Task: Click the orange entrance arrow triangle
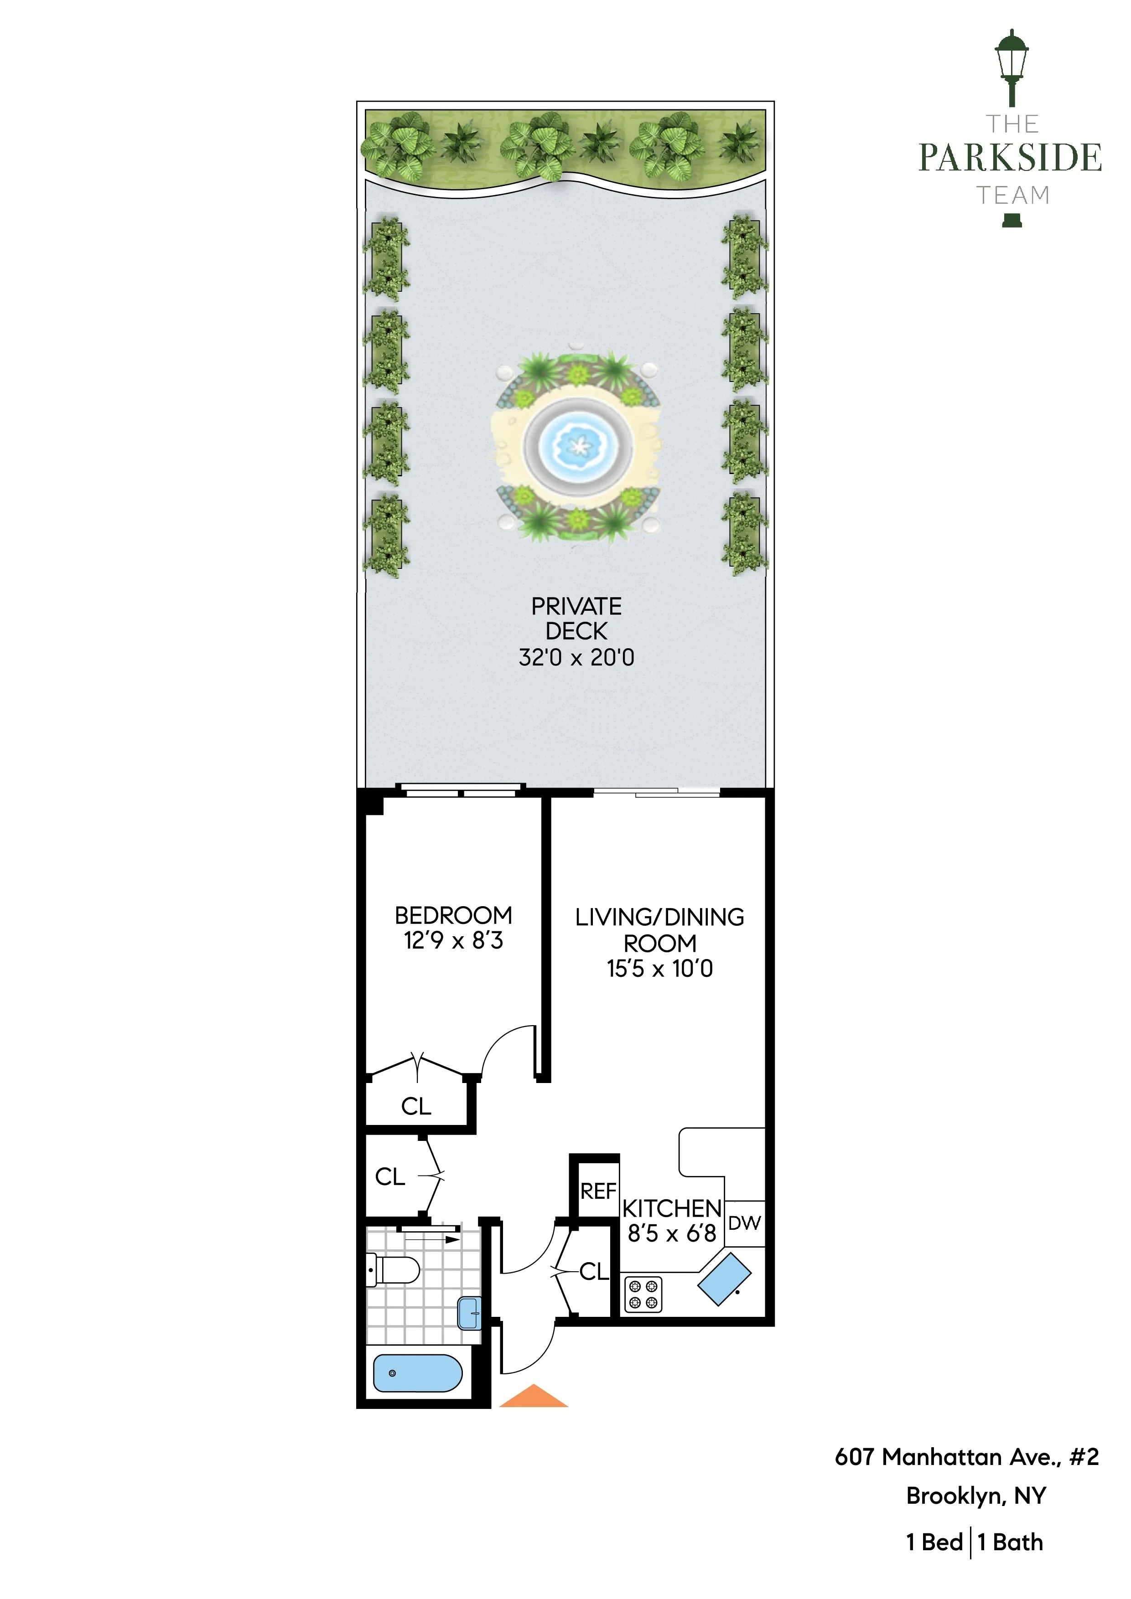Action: coord(533,1396)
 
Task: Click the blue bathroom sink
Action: coord(470,1314)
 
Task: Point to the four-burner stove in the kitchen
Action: coord(643,1295)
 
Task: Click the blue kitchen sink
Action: coord(724,1279)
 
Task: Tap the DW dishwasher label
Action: coord(744,1223)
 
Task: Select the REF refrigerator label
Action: coord(598,1191)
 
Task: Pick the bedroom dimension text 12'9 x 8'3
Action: coord(453,940)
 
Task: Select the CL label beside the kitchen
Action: coord(594,1272)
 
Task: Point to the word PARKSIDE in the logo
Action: coord(1010,158)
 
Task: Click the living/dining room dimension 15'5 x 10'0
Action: coord(659,969)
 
